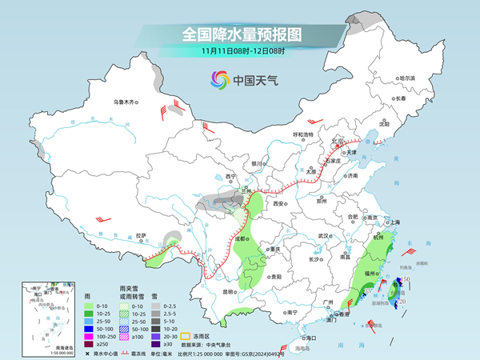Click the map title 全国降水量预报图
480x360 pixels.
point(240,34)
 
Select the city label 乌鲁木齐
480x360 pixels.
point(125,102)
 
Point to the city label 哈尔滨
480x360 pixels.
point(407,78)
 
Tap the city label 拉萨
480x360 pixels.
point(142,235)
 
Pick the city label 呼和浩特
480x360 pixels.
point(305,134)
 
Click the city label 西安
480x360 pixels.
point(279,204)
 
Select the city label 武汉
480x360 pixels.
point(324,236)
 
